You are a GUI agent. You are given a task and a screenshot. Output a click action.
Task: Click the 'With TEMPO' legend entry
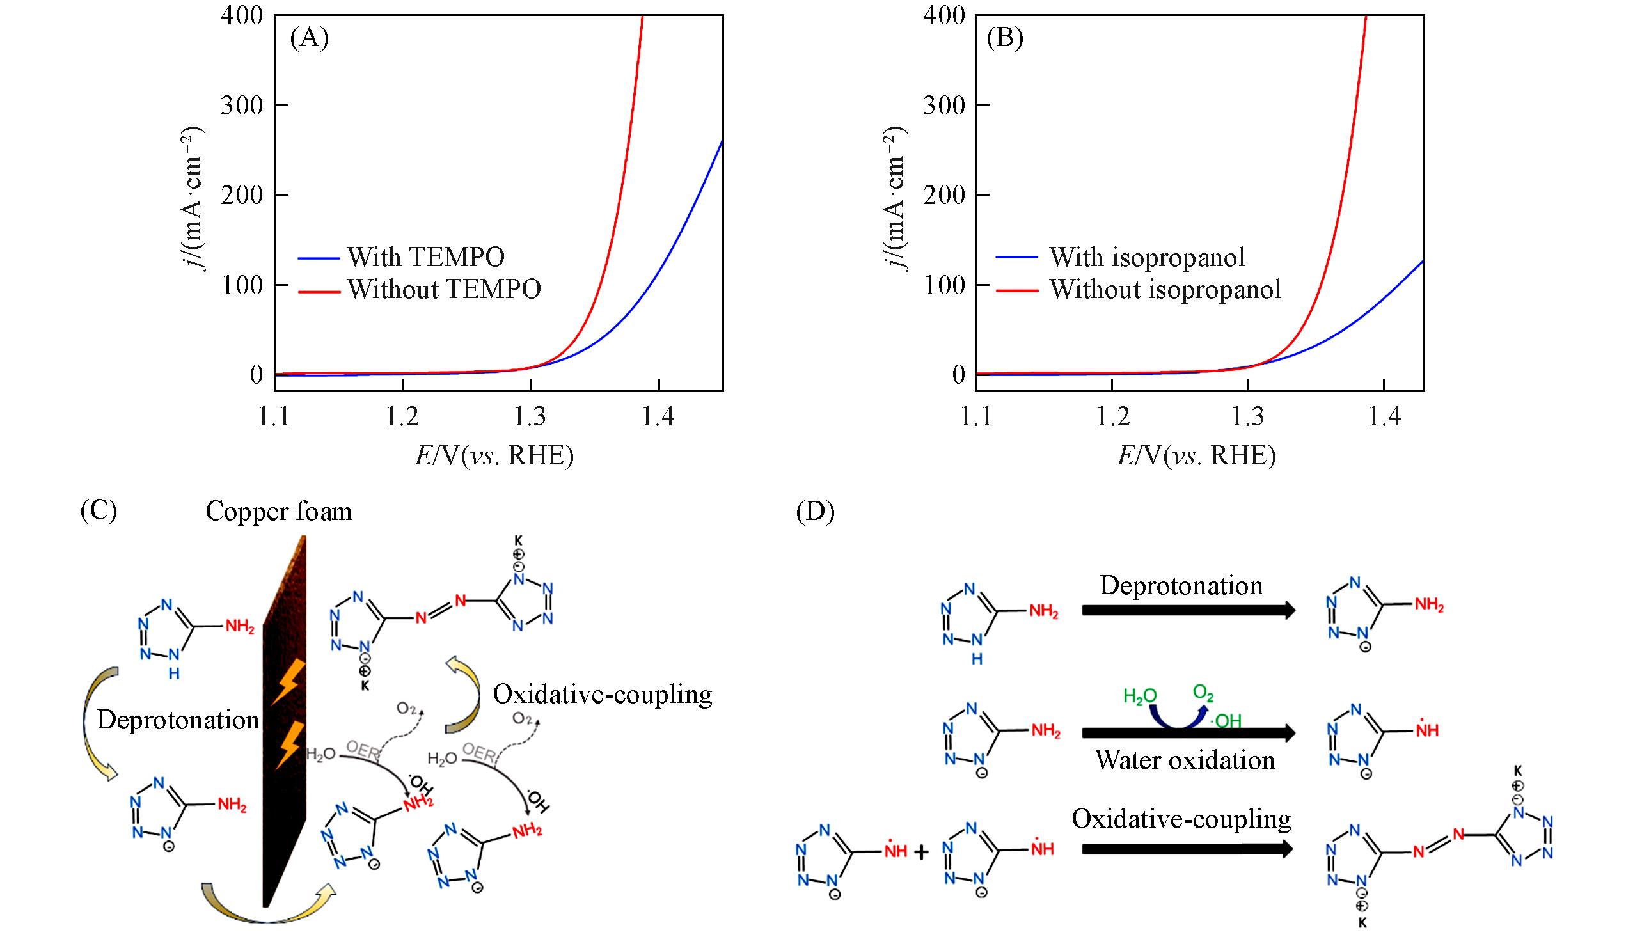coord(425,256)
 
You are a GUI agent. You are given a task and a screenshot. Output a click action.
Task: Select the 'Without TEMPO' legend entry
coord(444,289)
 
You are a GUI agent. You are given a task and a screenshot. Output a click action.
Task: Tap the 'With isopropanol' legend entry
coord(1147,256)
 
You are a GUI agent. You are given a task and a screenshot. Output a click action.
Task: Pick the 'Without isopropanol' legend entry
coord(1165,289)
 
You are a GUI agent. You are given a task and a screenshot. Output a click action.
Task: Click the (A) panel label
coord(310,38)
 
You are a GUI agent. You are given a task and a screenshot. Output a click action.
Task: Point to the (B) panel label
coord(1004,38)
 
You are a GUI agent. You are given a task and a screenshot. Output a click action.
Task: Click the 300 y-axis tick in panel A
coord(242,105)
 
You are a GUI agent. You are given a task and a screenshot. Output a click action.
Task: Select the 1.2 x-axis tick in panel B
coord(1112,417)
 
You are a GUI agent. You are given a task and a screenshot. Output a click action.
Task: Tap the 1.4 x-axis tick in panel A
coord(658,417)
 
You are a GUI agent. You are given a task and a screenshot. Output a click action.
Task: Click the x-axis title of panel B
coord(1196,455)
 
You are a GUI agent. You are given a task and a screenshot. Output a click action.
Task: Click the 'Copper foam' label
coord(279,512)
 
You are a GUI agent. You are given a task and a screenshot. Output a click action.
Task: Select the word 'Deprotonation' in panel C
coord(178,720)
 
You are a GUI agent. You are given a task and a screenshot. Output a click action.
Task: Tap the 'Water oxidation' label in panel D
coord(1185,760)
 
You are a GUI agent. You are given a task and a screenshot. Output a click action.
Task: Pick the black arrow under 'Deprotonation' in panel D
coord(1188,610)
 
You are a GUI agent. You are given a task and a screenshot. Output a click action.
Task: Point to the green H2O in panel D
coord(1139,696)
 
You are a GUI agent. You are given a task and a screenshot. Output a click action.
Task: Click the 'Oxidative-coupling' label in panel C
coord(603,695)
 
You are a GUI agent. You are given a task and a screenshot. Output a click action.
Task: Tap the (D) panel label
coord(815,512)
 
